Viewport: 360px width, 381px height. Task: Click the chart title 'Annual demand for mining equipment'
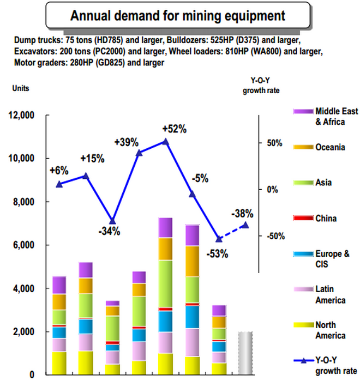tap(178, 16)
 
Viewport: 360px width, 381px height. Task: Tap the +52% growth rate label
tap(175, 129)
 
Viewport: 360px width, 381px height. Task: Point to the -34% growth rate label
tap(110, 231)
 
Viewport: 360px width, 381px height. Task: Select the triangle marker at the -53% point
tap(219, 239)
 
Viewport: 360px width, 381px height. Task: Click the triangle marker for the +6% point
tap(59, 184)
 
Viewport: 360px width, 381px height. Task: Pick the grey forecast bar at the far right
tap(245, 353)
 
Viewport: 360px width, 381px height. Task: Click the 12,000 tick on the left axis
tap(21, 115)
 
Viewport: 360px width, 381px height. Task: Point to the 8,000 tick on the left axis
tap(23, 202)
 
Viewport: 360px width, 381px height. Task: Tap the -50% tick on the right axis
tap(275, 236)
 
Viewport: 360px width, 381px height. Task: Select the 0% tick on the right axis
tap(272, 189)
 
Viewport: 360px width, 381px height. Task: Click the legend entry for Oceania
tap(319, 147)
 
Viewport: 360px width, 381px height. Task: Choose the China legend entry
tap(315, 218)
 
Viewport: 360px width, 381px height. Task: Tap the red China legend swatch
tap(303, 218)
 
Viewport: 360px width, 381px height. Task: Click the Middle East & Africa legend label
tap(337, 117)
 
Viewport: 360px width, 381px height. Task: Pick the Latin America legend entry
tap(320, 294)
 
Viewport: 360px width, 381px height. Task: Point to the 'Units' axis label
tap(21, 88)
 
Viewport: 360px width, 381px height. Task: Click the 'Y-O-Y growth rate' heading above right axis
tap(261, 86)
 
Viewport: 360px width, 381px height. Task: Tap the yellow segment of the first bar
tap(59, 363)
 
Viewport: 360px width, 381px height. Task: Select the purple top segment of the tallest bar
tap(165, 227)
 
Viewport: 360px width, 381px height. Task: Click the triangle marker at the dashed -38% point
tap(245, 225)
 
